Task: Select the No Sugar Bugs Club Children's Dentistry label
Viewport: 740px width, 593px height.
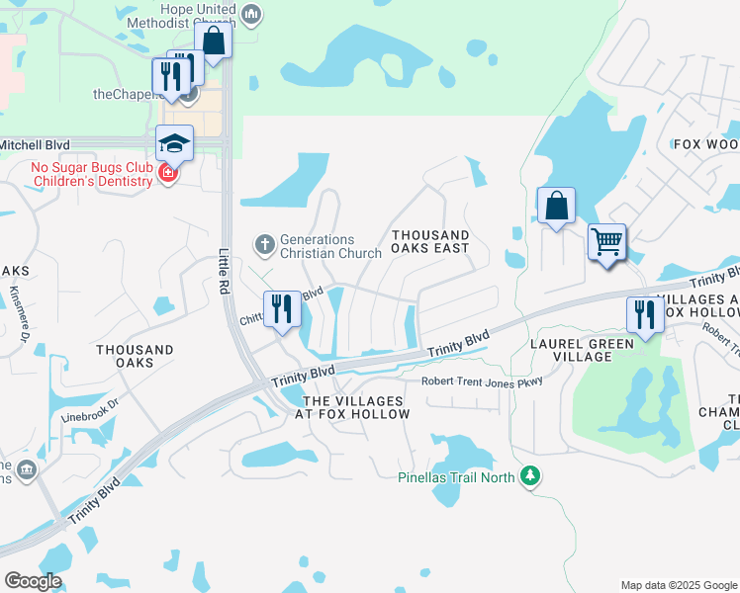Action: click(x=91, y=175)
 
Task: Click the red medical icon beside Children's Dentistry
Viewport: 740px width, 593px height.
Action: click(x=167, y=174)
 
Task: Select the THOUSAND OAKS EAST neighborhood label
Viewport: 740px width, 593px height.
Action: click(x=429, y=241)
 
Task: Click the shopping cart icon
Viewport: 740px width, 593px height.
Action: click(x=606, y=240)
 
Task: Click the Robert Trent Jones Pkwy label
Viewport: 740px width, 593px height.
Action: click(x=482, y=381)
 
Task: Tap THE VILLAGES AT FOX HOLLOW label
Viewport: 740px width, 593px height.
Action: click(x=355, y=407)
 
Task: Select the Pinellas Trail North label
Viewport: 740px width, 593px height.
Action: click(x=456, y=477)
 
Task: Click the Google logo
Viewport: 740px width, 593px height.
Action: click(x=33, y=581)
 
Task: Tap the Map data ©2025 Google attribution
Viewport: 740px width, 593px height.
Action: click(x=679, y=585)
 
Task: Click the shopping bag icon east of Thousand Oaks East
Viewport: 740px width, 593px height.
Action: click(x=557, y=207)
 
